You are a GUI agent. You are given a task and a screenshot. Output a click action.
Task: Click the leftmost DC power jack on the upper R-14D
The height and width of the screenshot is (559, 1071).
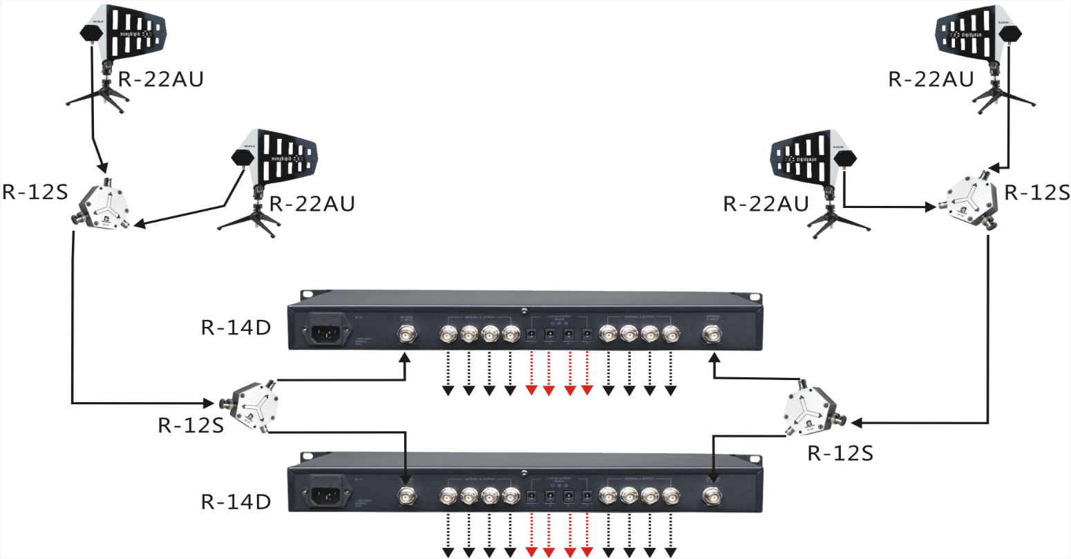(532, 336)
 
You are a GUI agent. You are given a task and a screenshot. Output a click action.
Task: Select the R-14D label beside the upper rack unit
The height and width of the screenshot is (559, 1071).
(236, 327)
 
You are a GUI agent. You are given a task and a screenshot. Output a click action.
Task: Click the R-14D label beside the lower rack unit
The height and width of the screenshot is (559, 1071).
(236, 502)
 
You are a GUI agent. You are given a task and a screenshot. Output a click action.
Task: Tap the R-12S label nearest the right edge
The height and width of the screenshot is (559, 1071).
(1036, 192)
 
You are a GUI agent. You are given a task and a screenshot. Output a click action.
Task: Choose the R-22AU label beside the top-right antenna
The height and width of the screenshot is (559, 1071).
(931, 79)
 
